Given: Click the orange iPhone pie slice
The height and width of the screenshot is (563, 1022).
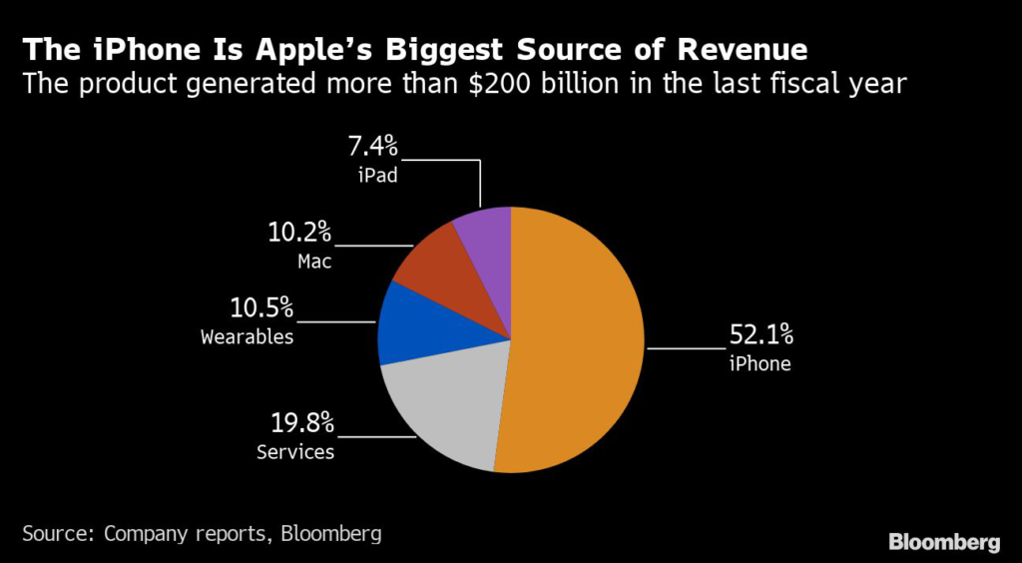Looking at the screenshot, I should pyautogui.click(x=579, y=339).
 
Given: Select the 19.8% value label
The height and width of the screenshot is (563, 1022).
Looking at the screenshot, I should pyautogui.click(x=300, y=422).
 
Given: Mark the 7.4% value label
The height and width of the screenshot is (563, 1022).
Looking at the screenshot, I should pyautogui.click(x=372, y=147).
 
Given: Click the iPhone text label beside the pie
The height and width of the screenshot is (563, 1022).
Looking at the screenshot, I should pyautogui.click(x=760, y=364).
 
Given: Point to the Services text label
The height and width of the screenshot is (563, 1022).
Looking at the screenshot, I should pyautogui.click(x=295, y=452).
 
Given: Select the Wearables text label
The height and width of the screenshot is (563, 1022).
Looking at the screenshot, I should pyautogui.click(x=248, y=336).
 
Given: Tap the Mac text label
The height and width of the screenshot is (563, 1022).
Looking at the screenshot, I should pyautogui.click(x=313, y=263).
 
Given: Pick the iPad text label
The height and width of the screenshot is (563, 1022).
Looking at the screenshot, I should pyautogui.click(x=378, y=176).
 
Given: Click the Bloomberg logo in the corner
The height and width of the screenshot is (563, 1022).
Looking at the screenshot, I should pyautogui.click(x=944, y=542).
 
